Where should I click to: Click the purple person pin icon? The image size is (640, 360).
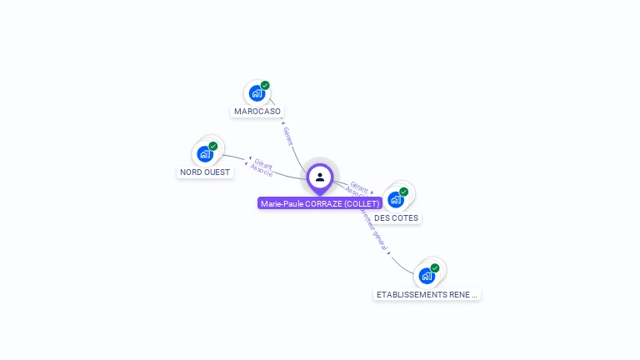click(x=320, y=177)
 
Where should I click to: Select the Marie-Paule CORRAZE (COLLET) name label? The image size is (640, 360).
click(x=320, y=203)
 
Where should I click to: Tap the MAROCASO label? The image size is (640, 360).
click(x=257, y=111)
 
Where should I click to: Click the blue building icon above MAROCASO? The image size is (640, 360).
click(x=257, y=93)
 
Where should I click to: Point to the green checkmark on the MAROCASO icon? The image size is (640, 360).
click(x=265, y=85)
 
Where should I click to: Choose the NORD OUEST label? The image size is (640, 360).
click(x=205, y=172)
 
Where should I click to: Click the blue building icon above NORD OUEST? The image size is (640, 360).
click(x=204, y=154)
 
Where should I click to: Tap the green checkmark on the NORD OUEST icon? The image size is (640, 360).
click(x=212, y=146)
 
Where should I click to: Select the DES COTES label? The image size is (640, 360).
click(x=397, y=218)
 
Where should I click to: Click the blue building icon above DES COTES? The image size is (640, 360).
click(x=395, y=200)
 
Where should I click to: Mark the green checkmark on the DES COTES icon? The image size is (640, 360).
click(x=403, y=192)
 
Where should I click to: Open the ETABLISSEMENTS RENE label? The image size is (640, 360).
click(x=427, y=294)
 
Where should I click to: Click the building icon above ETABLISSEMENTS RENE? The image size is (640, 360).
click(x=427, y=276)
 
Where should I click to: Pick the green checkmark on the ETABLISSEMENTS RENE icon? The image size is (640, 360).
click(x=435, y=267)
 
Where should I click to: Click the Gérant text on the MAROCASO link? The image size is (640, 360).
click(x=288, y=136)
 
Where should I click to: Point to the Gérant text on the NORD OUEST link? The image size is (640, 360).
click(x=264, y=162)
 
